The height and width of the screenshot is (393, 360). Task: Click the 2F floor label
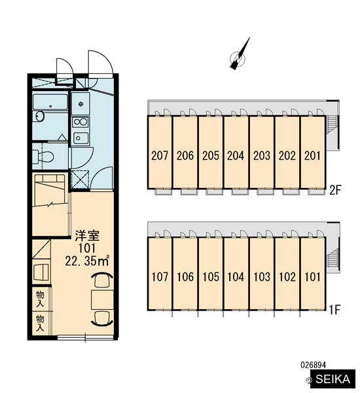tap(335, 191)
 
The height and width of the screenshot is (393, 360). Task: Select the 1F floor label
tap(334, 310)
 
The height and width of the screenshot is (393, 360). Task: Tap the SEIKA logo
tap(333, 379)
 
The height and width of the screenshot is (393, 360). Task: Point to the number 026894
tap(313, 365)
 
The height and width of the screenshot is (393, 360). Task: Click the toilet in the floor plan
tap(43, 157)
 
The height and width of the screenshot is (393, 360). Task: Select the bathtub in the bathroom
tap(50, 102)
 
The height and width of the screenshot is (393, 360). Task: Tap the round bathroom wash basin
tap(40, 117)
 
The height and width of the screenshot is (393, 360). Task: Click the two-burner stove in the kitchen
tap(81, 122)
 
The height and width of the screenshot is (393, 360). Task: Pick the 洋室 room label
tap(88, 235)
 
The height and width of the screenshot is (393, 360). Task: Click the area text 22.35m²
tap(87, 261)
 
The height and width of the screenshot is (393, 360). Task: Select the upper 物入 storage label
tap(40, 299)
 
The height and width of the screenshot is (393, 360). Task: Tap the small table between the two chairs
tap(103, 300)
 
